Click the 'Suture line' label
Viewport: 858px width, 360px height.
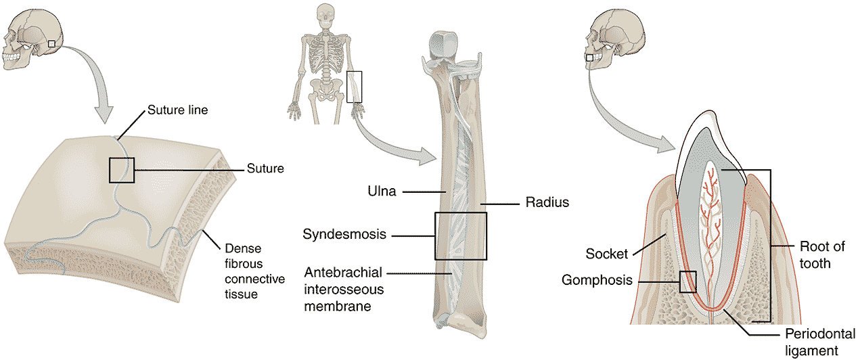[x=177, y=110]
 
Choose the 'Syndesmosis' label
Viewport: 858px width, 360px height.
[x=344, y=235]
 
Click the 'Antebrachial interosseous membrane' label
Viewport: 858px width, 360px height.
[x=343, y=289]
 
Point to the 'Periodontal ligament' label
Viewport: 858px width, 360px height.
[x=811, y=342]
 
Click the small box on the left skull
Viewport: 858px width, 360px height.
[x=52, y=44]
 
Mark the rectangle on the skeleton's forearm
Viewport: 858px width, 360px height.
[x=355, y=87]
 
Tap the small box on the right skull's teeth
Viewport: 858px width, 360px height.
[x=589, y=59]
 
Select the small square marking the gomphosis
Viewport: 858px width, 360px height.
[x=687, y=282]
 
